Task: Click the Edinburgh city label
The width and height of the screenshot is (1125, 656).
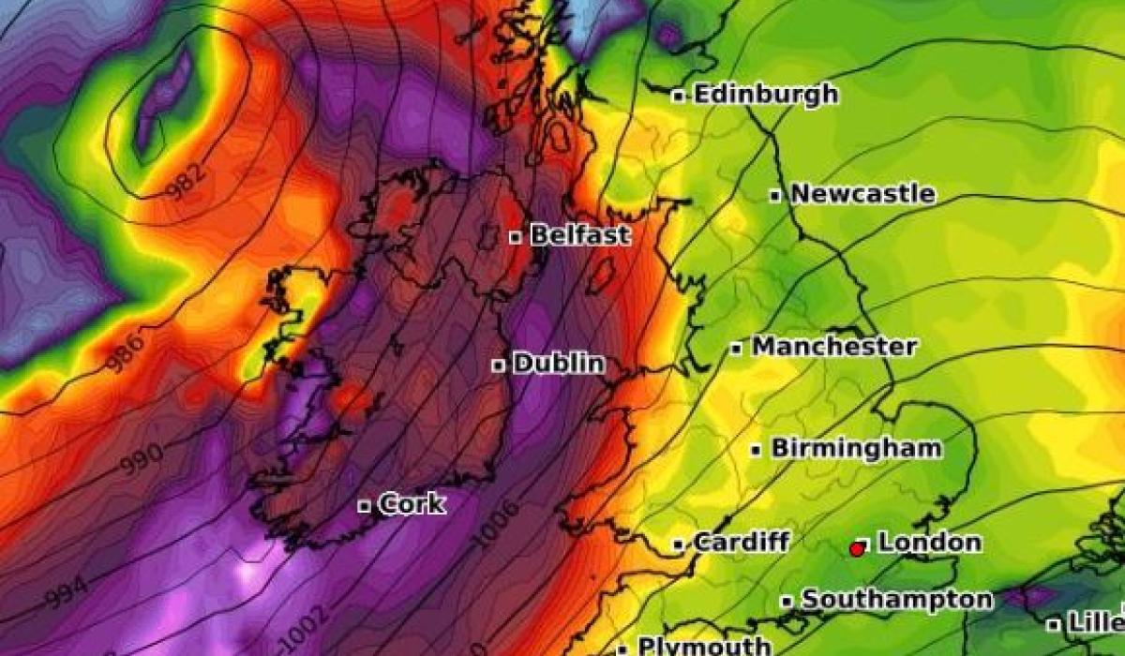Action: click(766, 95)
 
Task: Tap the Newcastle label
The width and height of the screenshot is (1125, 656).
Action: click(862, 195)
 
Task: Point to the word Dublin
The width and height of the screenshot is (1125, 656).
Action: click(559, 364)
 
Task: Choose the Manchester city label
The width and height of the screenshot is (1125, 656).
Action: click(834, 347)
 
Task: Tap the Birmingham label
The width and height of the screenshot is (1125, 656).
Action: click(856, 449)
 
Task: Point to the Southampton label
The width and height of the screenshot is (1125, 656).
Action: click(897, 600)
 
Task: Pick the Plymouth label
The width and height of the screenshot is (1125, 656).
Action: click(704, 646)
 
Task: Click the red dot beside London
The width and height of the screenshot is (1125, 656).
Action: click(856, 549)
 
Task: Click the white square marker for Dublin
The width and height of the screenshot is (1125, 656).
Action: click(499, 365)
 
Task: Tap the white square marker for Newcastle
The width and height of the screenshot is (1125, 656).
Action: click(775, 196)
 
